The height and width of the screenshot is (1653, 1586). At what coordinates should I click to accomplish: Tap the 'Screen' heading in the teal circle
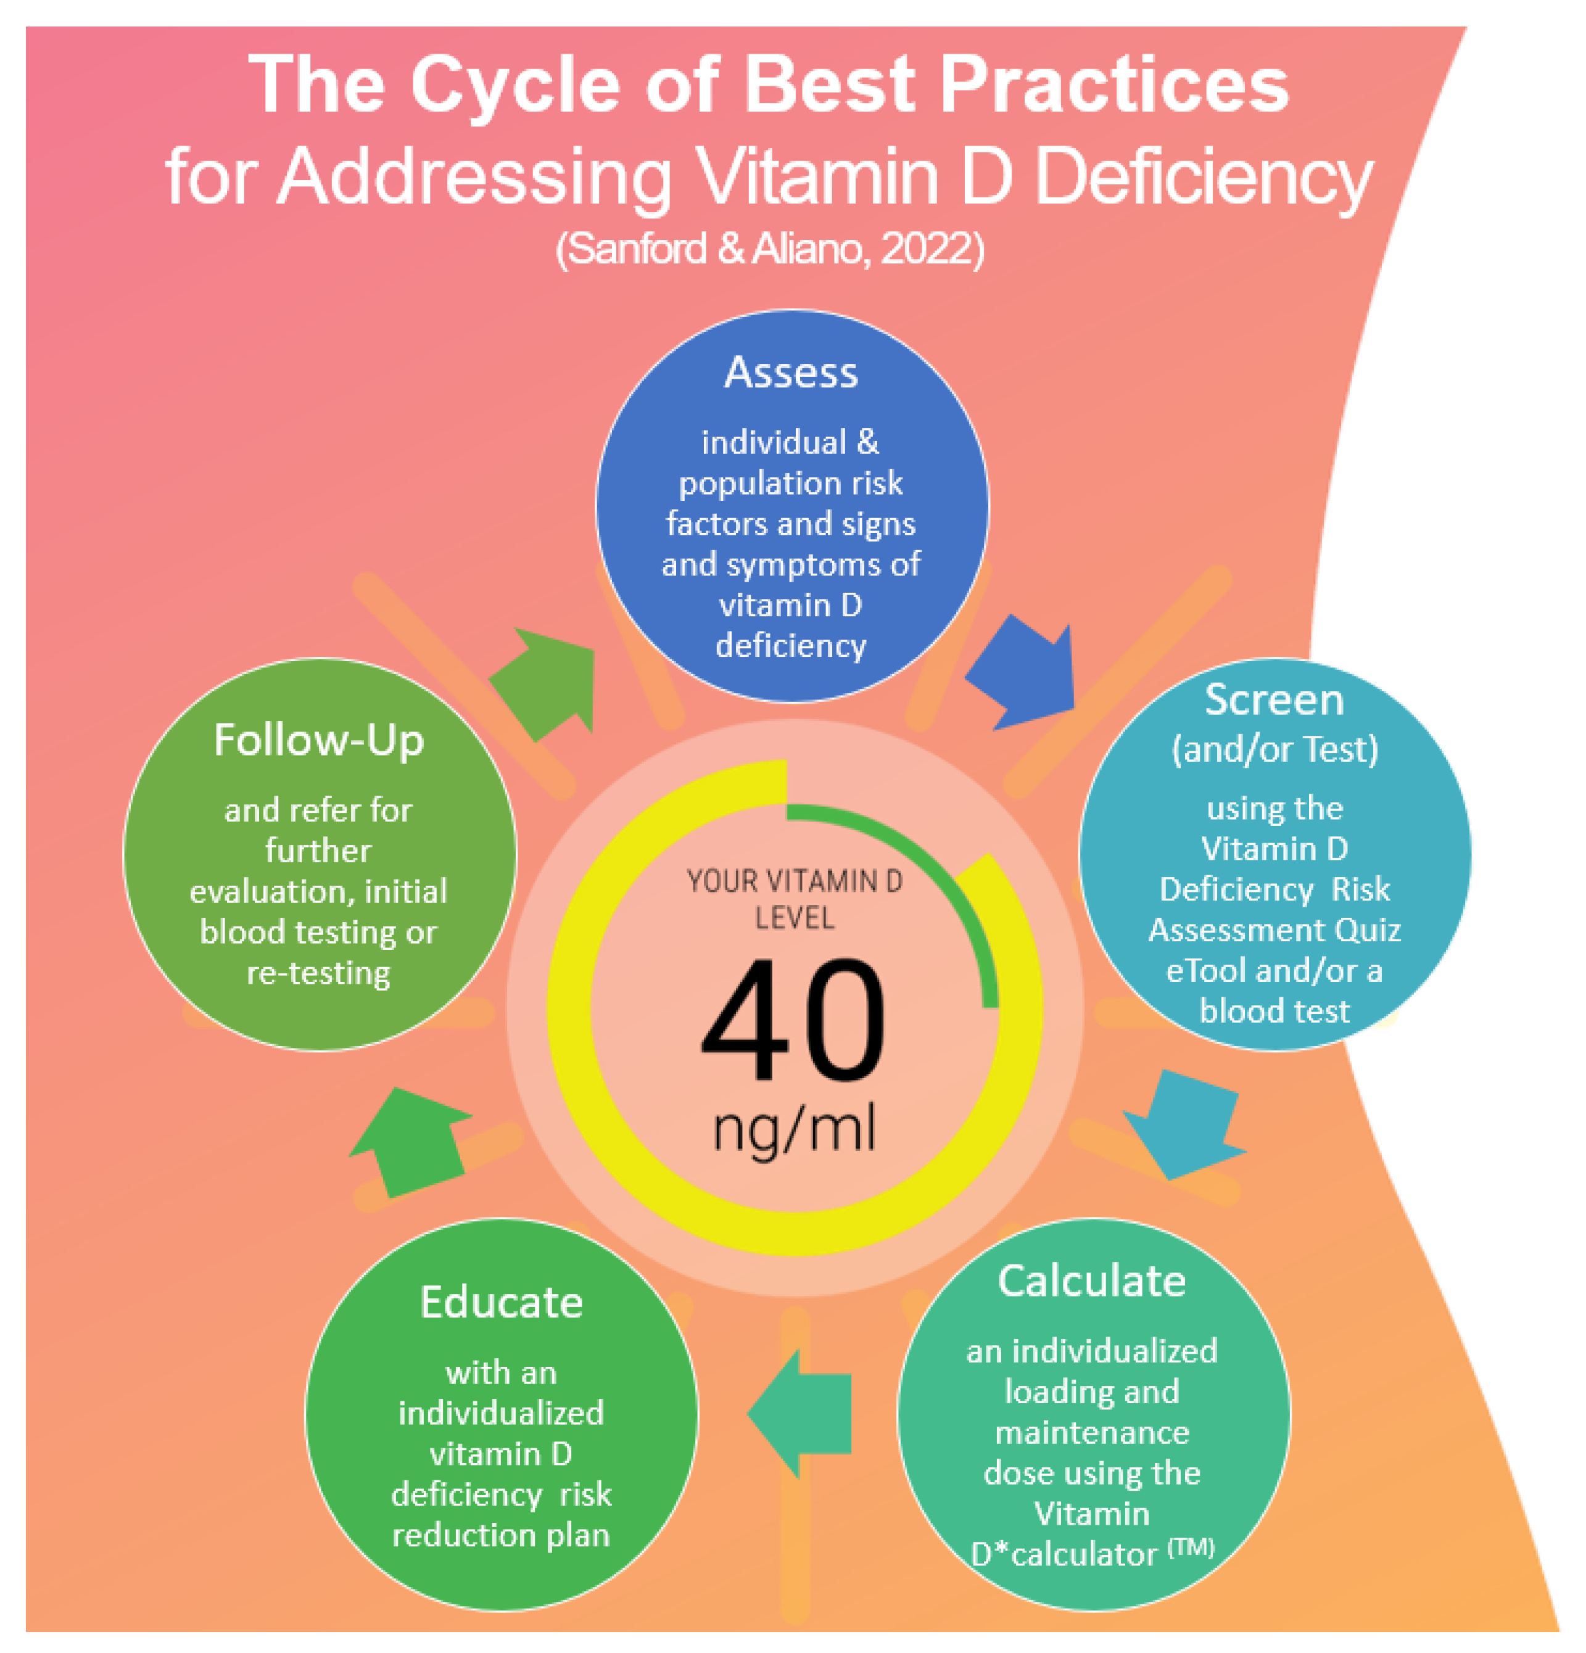[x=1274, y=700]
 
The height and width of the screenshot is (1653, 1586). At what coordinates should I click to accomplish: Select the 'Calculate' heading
[x=1092, y=1280]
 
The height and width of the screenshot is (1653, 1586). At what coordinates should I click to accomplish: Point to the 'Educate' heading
[x=501, y=1302]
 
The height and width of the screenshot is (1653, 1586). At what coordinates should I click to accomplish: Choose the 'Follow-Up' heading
[x=319, y=741]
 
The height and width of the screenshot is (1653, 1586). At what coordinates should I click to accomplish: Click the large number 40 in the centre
[x=793, y=1020]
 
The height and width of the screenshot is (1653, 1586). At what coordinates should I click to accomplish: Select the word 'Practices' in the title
[x=1113, y=85]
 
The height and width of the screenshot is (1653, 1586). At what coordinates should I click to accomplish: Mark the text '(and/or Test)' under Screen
[x=1274, y=749]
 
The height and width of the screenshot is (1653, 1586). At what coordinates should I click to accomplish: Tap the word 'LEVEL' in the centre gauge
[x=795, y=918]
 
